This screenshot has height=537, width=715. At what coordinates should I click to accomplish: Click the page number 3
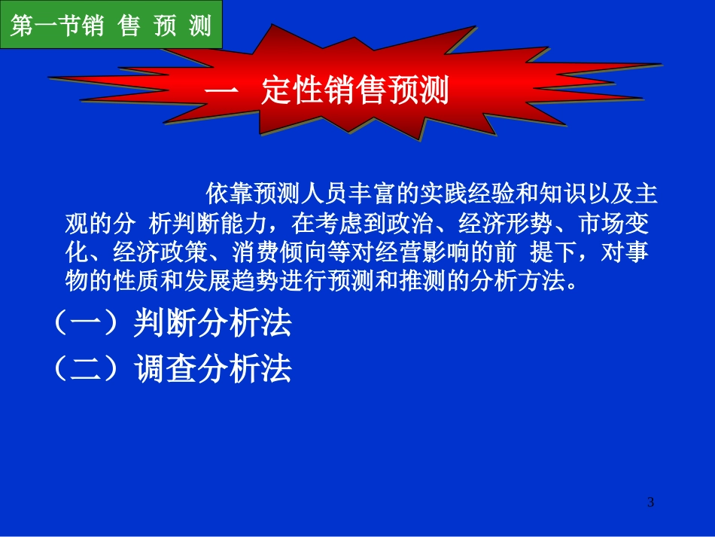[651, 502]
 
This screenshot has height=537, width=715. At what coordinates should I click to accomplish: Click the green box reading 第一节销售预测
[111, 26]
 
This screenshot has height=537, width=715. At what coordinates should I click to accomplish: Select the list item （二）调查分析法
[172, 370]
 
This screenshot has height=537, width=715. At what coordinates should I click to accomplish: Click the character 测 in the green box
[199, 26]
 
